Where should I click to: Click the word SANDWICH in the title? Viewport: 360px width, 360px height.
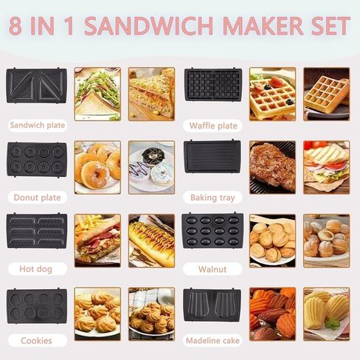tap(149, 26)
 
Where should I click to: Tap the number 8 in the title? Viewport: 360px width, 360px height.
tap(15, 26)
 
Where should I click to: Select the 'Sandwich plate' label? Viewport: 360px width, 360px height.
tap(38, 125)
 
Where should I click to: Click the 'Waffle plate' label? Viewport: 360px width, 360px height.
tap(213, 125)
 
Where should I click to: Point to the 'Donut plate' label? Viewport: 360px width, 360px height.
tap(37, 198)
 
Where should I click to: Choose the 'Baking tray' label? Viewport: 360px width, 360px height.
tap(212, 198)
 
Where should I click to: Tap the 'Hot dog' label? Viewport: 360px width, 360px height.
tap(37, 269)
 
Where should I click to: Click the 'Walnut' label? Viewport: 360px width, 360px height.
tap(212, 269)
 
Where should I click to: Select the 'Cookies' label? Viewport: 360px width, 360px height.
tap(37, 341)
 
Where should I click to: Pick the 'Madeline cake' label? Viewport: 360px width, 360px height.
tap(212, 341)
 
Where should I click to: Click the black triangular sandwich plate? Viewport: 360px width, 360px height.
tap(37, 86)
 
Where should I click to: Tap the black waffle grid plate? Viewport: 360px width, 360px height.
tap(213, 85)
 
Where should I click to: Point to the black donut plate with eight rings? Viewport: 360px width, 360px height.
tap(37, 159)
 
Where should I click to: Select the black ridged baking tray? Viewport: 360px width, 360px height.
tap(212, 156)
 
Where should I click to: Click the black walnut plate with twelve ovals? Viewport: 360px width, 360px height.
tap(212, 230)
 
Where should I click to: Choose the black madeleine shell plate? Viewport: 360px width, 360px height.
tap(212, 305)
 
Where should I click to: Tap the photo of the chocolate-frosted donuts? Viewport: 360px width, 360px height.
tap(151, 167)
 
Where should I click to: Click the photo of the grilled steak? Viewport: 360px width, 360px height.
tap(272, 167)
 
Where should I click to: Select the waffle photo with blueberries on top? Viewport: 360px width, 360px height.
tap(272, 94)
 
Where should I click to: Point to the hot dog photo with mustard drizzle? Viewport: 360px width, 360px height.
tap(151, 240)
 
